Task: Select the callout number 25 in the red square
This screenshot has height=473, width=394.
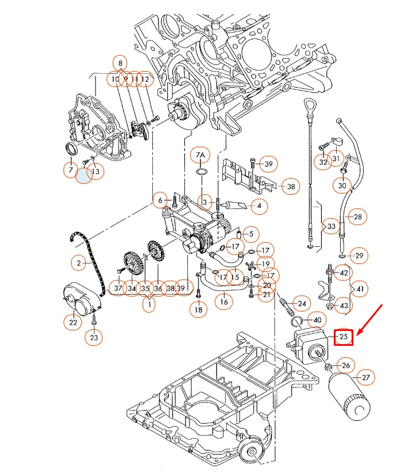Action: point(344,337)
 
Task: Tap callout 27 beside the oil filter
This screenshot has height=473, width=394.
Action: point(366,377)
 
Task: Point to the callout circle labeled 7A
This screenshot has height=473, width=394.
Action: point(200,155)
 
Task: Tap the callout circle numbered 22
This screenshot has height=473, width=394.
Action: point(73,323)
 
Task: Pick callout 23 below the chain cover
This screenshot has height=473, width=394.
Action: point(94,338)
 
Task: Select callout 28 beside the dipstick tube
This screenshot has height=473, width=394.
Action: point(358,217)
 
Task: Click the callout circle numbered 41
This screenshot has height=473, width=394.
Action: point(360,290)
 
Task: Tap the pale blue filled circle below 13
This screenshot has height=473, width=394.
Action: point(84,175)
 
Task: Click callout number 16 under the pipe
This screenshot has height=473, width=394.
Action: point(224,301)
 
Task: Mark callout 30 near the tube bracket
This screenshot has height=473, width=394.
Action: point(342,186)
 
